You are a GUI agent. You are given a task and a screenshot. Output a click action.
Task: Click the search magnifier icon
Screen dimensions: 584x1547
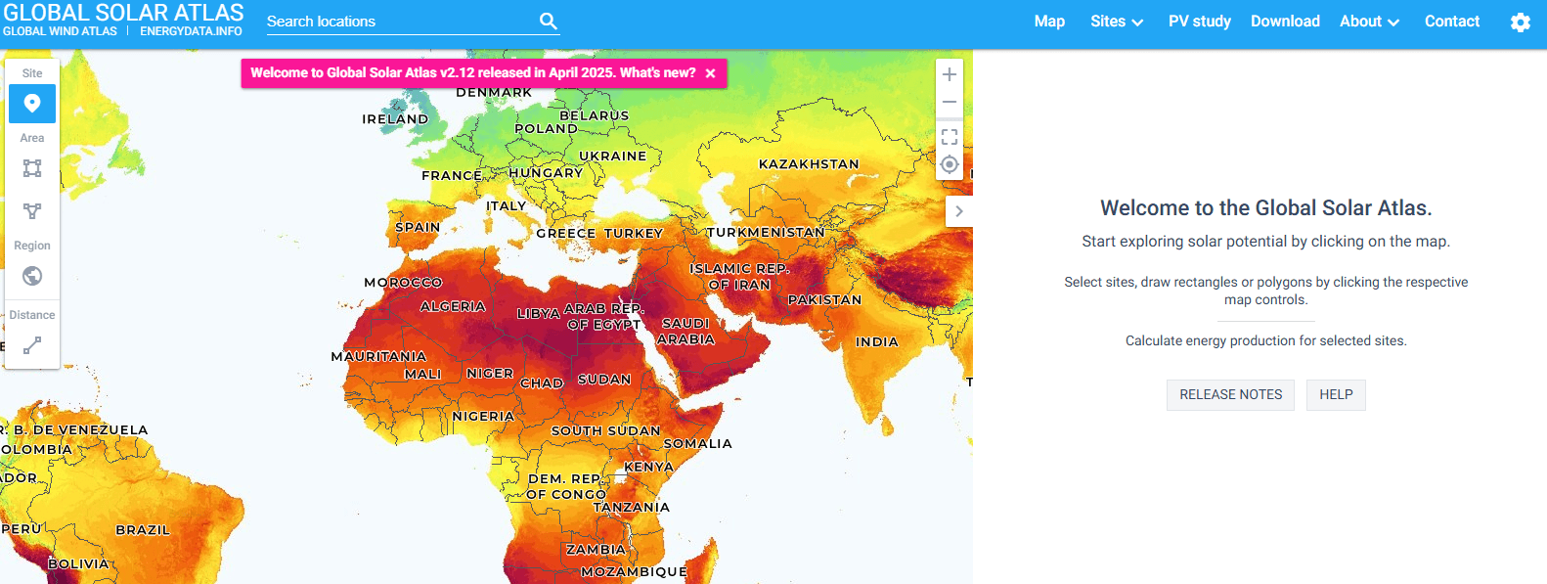pyautogui.click(x=548, y=21)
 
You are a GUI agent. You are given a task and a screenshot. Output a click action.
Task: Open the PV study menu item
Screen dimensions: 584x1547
pyautogui.click(x=1199, y=22)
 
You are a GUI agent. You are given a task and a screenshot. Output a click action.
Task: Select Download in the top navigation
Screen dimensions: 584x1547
pyautogui.click(x=1285, y=22)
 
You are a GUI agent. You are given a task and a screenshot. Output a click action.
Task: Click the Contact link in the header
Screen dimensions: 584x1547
pyautogui.click(x=1451, y=22)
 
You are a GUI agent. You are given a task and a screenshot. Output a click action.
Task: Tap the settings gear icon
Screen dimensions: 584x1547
pyautogui.click(x=1520, y=22)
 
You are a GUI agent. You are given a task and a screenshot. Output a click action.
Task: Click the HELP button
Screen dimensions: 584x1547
pyautogui.click(x=1336, y=394)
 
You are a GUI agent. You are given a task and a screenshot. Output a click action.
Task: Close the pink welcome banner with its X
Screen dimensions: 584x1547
pyautogui.click(x=710, y=73)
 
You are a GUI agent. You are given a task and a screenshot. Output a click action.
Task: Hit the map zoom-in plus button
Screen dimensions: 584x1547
pyautogui.click(x=949, y=74)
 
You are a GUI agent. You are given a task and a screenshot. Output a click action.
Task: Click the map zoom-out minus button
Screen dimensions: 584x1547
pyautogui.click(x=949, y=102)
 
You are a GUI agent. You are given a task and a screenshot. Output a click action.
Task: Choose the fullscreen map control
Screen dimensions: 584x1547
pyautogui.click(x=949, y=137)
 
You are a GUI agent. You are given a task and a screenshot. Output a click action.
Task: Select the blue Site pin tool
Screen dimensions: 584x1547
pyautogui.click(x=32, y=104)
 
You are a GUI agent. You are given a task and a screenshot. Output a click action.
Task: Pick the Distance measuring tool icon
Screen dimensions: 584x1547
pyautogui.click(x=32, y=345)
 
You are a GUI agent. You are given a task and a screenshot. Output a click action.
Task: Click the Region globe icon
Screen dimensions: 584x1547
pyautogui.click(x=32, y=276)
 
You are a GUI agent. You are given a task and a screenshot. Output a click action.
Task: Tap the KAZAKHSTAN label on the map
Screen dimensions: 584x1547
pyautogui.click(x=809, y=164)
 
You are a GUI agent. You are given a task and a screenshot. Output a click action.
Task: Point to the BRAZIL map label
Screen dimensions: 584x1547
pyautogui.click(x=143, y=530)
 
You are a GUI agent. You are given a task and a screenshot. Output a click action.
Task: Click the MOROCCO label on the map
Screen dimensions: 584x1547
pyautogui.click(x=403, y=283)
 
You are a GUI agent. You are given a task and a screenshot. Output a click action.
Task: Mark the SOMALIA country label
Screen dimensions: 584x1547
pyautogui.click(x=697, y=444)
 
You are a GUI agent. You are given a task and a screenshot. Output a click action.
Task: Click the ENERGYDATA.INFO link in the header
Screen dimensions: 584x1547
pyautogui.click(x=191, y=31)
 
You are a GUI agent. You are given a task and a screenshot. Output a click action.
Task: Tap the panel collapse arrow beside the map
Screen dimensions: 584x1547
pyautogui.click(x=959, y=211)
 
